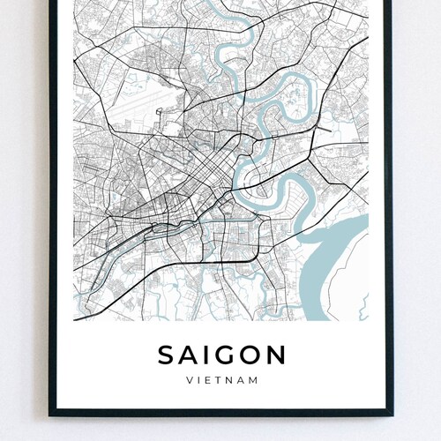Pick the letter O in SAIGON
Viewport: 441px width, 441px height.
tap(250, 355)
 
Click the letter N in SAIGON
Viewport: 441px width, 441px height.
tap(275, 355)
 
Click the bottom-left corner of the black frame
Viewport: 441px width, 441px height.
tap(51, 412)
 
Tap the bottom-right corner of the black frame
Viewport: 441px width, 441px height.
tap(389, 412)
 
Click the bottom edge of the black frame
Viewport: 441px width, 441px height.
tap(220, 412)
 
